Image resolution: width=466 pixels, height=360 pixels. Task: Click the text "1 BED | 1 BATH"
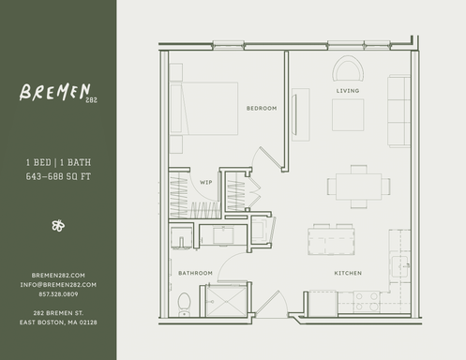(x=57, y=162)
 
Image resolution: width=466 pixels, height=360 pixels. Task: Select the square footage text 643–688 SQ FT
(x=57, y=174)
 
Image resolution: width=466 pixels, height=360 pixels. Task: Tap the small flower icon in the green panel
(x=58, y=225)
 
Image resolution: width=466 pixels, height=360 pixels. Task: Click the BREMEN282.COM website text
(x=58, y=275)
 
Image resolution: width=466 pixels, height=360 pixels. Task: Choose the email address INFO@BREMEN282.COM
(x=58, y=284)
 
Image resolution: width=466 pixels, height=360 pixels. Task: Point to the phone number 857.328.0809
(x=58, y=293)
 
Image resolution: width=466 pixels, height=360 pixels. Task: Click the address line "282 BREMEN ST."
(x=58, y=312)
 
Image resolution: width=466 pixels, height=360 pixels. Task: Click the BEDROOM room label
(x=262, y=109)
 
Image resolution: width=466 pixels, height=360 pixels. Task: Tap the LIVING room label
(x=348, y=91)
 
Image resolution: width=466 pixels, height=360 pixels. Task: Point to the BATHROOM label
(x=195, y=273)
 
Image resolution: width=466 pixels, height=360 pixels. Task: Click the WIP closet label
(x=205, y=182)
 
